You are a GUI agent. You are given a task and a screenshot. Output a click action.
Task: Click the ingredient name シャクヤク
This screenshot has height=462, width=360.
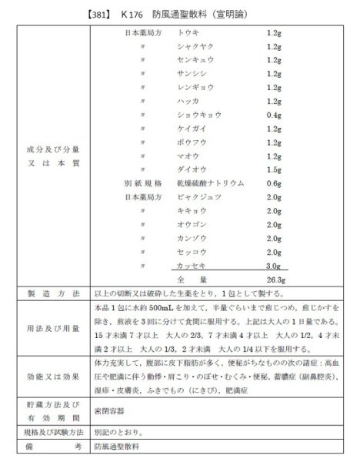[x=193, y=48]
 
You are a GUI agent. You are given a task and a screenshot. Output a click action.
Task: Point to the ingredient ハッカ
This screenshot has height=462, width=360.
[x=188, y=101]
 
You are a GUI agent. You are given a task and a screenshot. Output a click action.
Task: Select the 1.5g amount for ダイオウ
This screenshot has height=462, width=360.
[x=273, y=169]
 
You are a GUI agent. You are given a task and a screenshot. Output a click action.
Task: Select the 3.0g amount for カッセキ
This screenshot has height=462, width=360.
[x=273, y=264]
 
